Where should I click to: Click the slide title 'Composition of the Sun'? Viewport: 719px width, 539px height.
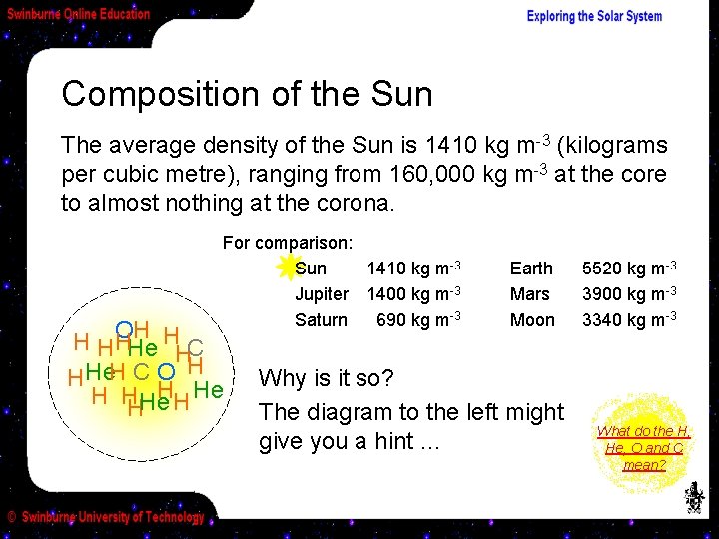coord(247,94)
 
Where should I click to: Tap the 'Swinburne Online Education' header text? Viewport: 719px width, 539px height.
coord(79,14)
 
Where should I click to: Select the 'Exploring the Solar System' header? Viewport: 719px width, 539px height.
coord(594,16)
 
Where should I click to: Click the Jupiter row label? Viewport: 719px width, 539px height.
coord(321,294)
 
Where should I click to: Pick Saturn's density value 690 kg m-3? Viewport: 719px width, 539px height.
coord(417,319)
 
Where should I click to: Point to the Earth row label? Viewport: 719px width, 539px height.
coord(530,269)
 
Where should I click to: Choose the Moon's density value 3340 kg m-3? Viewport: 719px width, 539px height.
coord(630,319)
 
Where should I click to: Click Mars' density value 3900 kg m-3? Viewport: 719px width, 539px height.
coord(630,294)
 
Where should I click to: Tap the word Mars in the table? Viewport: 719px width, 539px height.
coord(529,294)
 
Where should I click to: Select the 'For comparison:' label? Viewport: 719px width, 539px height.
coord(288,243)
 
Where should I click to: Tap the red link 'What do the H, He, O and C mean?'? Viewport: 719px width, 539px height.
coord(643,447)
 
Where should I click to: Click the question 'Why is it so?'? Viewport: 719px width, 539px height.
coord(327,379)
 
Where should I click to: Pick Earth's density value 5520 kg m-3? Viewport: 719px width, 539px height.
coord(630,269)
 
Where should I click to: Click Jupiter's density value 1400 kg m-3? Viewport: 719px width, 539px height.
coord(413,294)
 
